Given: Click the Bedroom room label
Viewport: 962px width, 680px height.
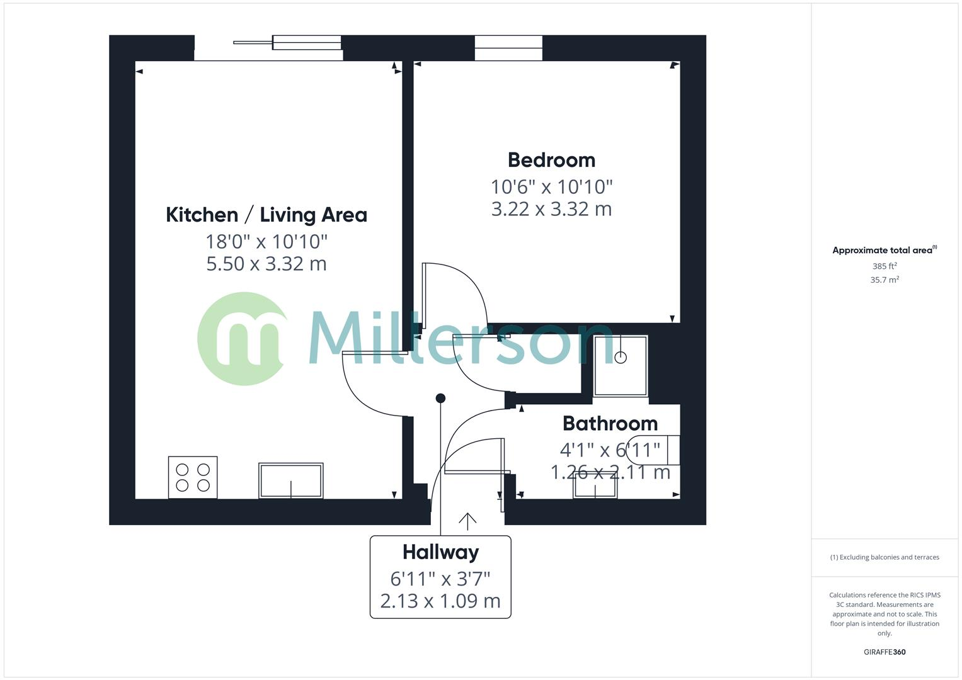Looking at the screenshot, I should (x=551, y=160).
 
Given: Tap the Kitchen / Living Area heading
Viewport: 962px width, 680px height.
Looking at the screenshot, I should (x=266, y=215).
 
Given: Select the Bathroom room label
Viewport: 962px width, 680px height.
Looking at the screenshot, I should (x=610, y=423).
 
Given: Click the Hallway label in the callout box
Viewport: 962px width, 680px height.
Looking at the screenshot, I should (x=440, y=552).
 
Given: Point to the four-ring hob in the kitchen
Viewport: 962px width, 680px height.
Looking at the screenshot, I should (x=193, y=477).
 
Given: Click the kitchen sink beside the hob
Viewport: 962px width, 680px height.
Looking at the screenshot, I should (x=290, y=481).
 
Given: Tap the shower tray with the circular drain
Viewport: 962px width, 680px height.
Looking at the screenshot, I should (x=621, y=366).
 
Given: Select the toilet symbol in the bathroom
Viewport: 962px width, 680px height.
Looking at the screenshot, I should (x=658, y=450).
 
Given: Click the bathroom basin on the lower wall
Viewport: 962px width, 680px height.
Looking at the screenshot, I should (x=595, y=486).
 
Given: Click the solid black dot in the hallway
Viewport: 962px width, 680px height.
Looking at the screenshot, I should (x=441, y=398).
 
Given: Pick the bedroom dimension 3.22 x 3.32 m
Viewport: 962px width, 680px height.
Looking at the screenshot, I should (x=551, y=209).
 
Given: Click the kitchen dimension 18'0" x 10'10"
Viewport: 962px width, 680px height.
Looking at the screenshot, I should (x=266, y=241).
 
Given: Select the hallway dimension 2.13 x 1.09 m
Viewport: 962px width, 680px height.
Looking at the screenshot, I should (x=440, y=601).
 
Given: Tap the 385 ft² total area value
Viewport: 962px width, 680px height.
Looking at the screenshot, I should (x=885, y=266).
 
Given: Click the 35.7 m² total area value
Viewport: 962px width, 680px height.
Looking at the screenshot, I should (x=885, y=280).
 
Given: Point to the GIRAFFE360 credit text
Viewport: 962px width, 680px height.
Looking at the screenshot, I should (x=885, y=652).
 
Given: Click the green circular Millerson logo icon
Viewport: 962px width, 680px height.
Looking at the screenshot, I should (x=243, y=339).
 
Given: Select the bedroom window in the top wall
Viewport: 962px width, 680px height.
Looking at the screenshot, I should (x=508, y=48).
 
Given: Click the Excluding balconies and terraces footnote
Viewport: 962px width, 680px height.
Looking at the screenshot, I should (x=885, y=557).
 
